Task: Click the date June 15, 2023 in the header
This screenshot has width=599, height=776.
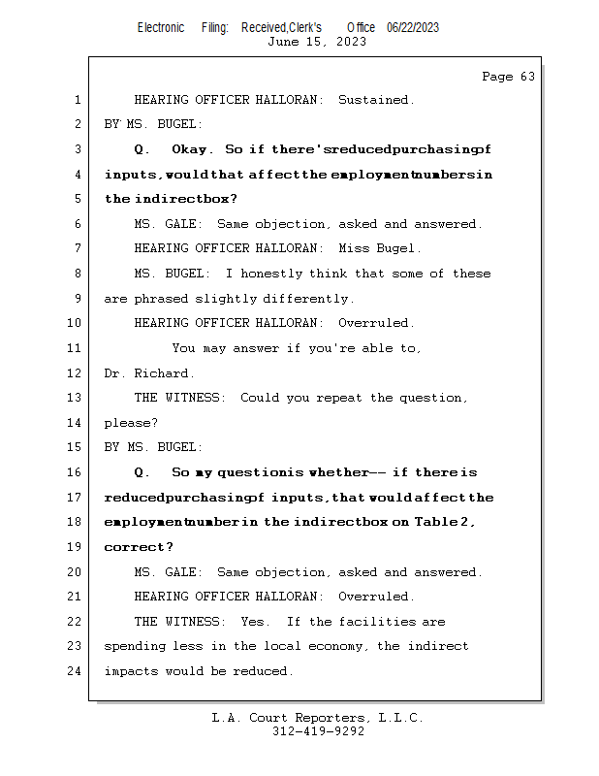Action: (317, 42)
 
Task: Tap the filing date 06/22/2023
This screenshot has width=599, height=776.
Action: (413, 28)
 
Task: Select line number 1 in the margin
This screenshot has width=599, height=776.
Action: (76, 100)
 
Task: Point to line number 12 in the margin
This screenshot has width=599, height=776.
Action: (74, 373)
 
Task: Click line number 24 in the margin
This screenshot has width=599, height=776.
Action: (74, 671)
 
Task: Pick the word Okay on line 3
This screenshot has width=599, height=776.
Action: (192, 149)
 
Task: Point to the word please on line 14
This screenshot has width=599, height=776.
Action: (130, 424)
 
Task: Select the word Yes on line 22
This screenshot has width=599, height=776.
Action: (255, 622)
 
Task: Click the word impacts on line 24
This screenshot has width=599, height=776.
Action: (131, 671)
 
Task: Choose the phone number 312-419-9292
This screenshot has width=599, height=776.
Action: (318, 731)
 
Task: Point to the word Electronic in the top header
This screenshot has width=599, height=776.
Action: (161, 28)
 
